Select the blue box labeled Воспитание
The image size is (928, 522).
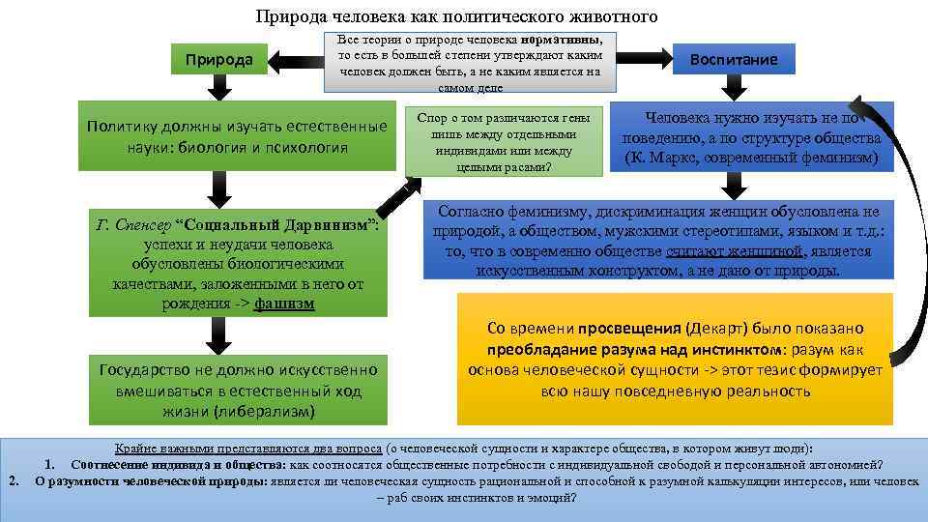click(x=733, y=60)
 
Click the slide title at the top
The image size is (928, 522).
click(x=456, y=16)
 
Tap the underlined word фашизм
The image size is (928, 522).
click(x=284, y=303)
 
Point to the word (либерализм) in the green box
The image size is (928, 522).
click(x=266, y=410)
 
